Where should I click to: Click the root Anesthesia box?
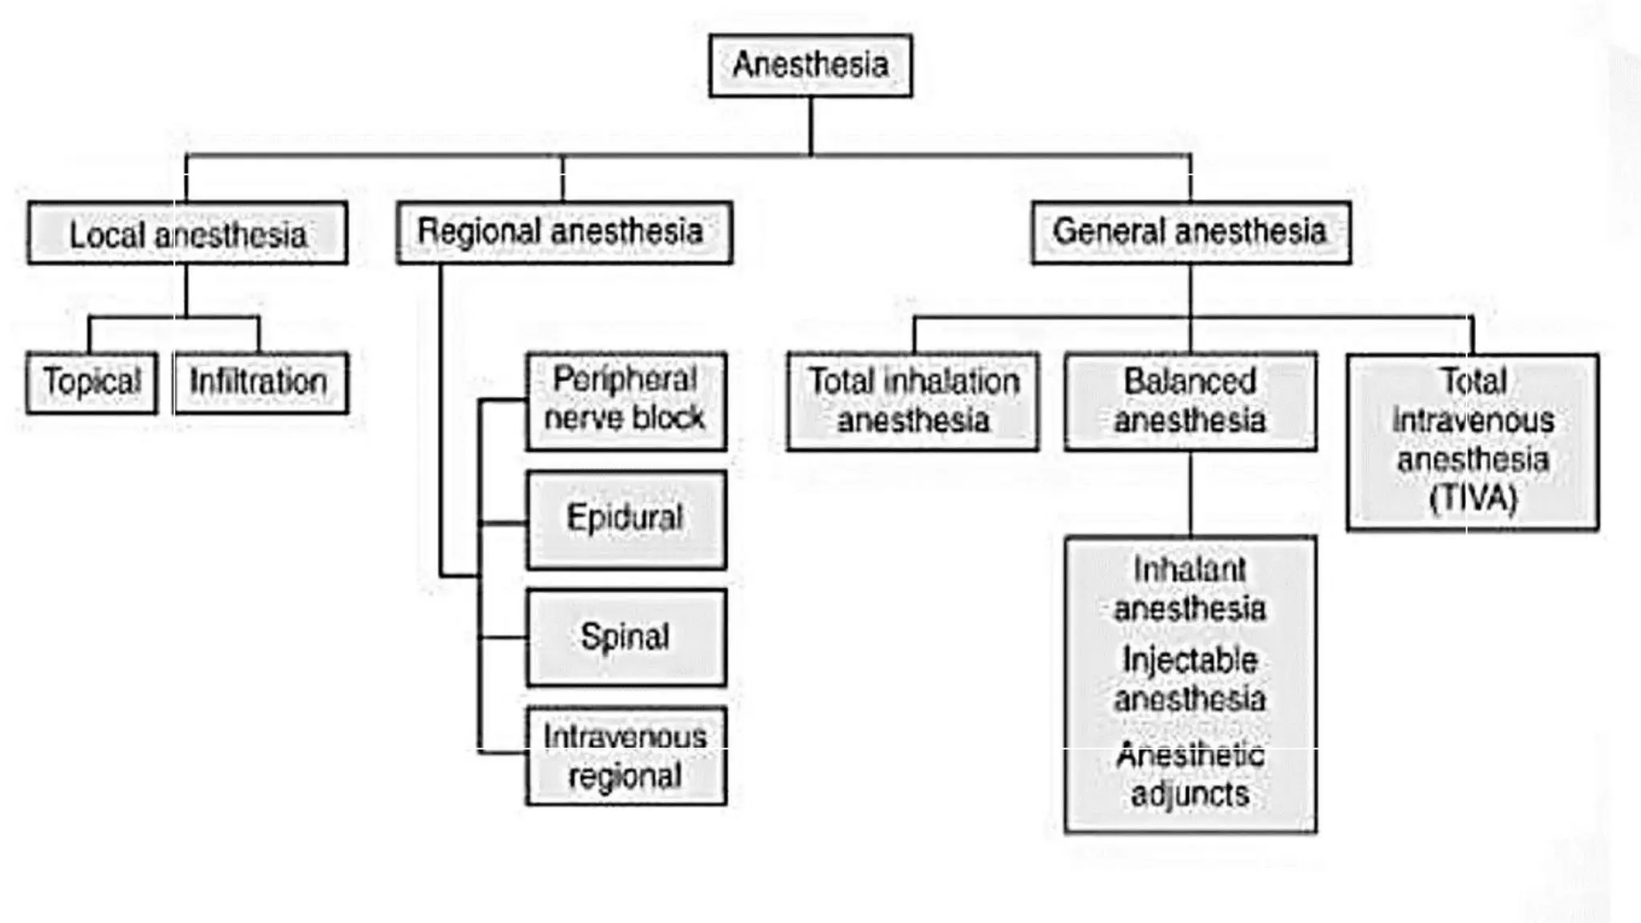click(x=810, y=66)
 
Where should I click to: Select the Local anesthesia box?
click(x=187, y=233)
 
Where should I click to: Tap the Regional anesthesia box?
click(x=563, y=232)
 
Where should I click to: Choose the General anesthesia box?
click(x=1190, y=232)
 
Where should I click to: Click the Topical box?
click(x=91, y=382)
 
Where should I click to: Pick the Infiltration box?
click(x=260, y=382)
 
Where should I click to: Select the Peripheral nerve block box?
click(x=626, y=400)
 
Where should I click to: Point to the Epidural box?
click(x=626, y=519)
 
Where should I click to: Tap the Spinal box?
click(x=626, y=637)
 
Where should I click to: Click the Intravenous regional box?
click(x=626, y=756)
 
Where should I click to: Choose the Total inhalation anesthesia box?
click(x=913, y=401)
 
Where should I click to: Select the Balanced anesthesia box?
click(x=1190, y=401)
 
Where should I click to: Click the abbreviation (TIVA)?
click(x=1473, y=498)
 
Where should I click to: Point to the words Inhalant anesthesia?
click(x=1190, y=590)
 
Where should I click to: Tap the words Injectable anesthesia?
click(x=1190, y=679)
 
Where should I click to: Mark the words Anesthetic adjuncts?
click(x=1190, y=775)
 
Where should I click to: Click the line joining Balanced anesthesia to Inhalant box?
click(x=1190, y=494)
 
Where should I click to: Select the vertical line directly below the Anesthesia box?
click(x=810, y=126)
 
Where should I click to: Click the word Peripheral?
click(x=624, y=379)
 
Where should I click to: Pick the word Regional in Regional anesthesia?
click(x=478, y=232)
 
